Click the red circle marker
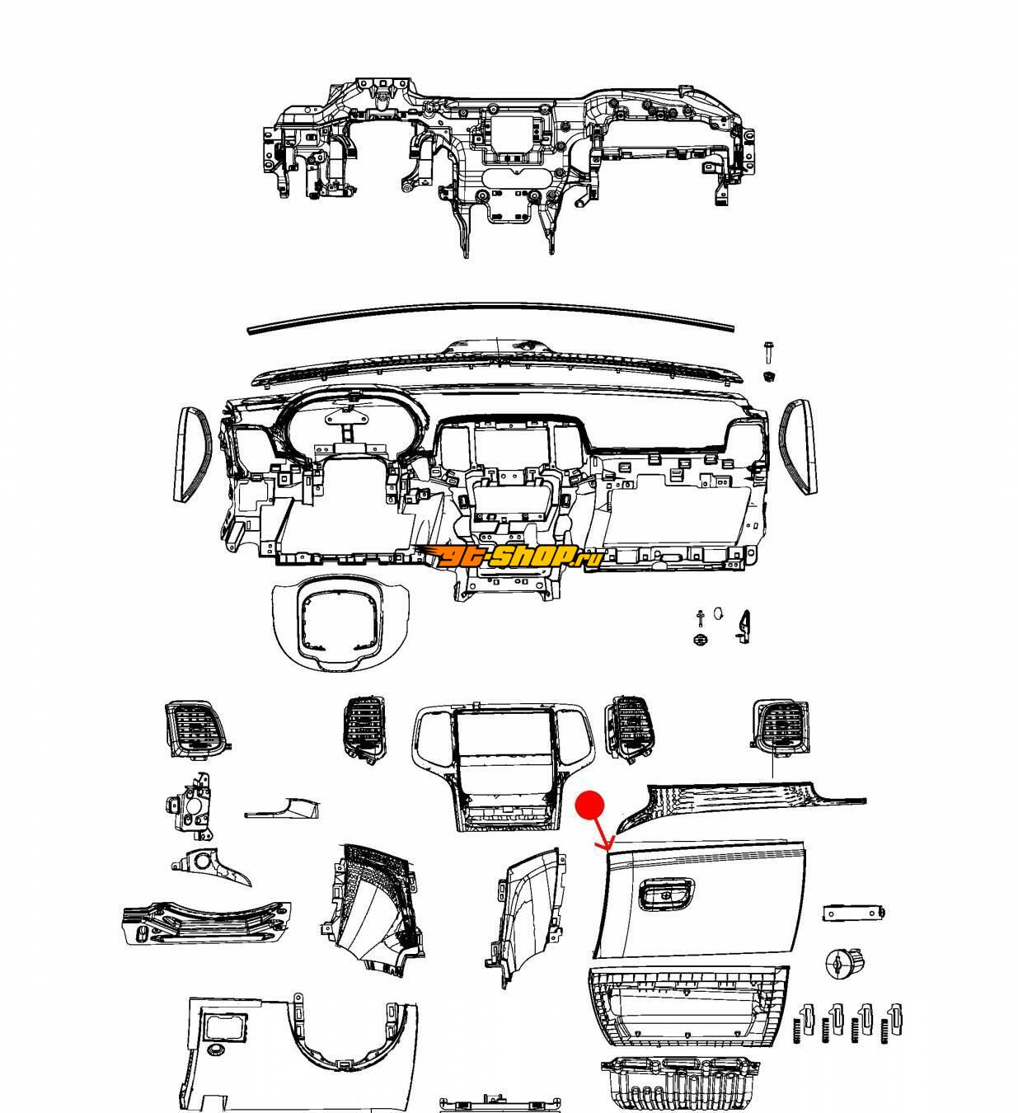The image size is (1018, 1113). [x=590, y=805]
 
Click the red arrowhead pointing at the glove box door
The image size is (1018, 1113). [x=608, y=845]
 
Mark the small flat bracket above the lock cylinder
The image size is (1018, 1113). [x=853, y=913]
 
